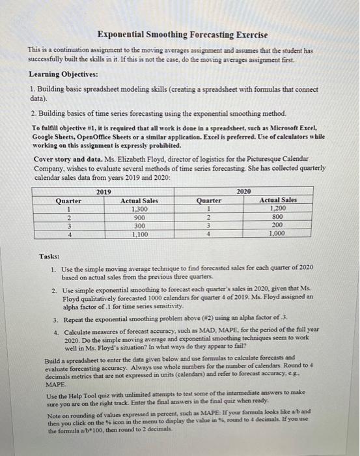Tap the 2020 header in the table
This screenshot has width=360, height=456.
(x=243, y=192)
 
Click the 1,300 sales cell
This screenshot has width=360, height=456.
(x=139, y=210)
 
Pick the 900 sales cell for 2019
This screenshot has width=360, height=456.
(x=139, y=218)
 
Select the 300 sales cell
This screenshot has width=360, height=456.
(x=139, y=225)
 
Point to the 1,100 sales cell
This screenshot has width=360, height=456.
(x=139, y=234)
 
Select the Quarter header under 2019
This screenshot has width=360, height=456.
(x=69, y=201)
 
